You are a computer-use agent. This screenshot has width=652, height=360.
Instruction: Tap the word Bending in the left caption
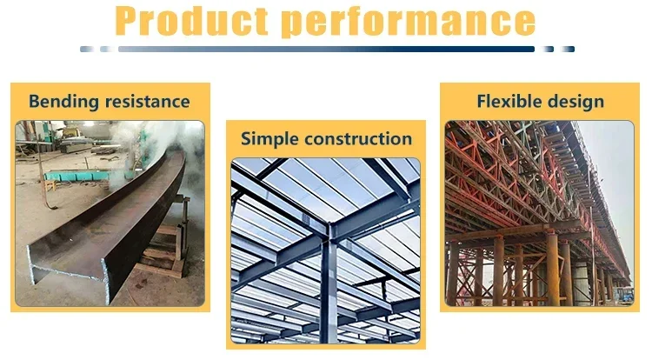[59, 102]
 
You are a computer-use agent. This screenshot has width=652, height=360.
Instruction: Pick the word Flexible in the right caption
[508, 102]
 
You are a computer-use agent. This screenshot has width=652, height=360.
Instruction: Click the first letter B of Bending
[34, 102]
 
